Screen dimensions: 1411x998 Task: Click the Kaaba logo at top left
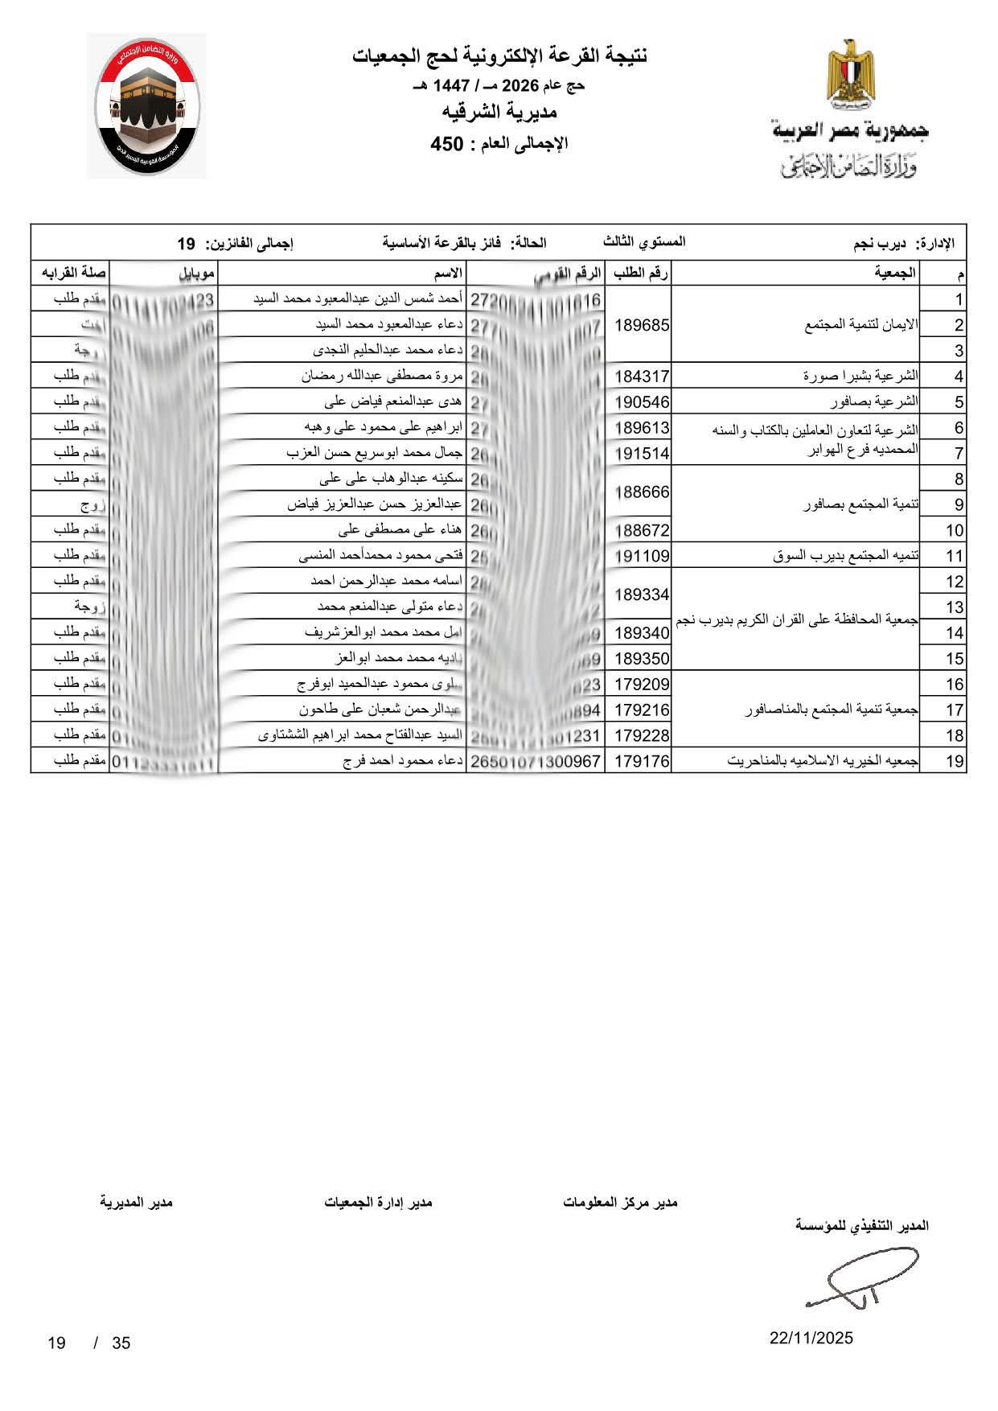[146, 106]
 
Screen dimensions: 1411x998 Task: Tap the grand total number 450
[447, 145]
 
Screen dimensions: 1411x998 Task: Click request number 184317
[642, 376]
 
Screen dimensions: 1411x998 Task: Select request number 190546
[642, 401]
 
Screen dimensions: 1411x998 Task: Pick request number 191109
[642, 556]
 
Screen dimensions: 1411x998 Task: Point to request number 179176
[642, 761]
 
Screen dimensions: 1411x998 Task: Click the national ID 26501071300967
[536, 761]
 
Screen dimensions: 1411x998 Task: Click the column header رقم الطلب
[641, 274]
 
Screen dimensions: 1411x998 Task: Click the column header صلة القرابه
[70, 274]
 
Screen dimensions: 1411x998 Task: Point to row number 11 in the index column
[955, 556]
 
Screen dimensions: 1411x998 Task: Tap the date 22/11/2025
[811, 1338]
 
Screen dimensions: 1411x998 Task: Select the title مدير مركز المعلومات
[620, 1202]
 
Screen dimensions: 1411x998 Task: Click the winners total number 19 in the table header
[186, 243]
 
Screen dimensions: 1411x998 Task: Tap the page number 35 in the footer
[121, 1343]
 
